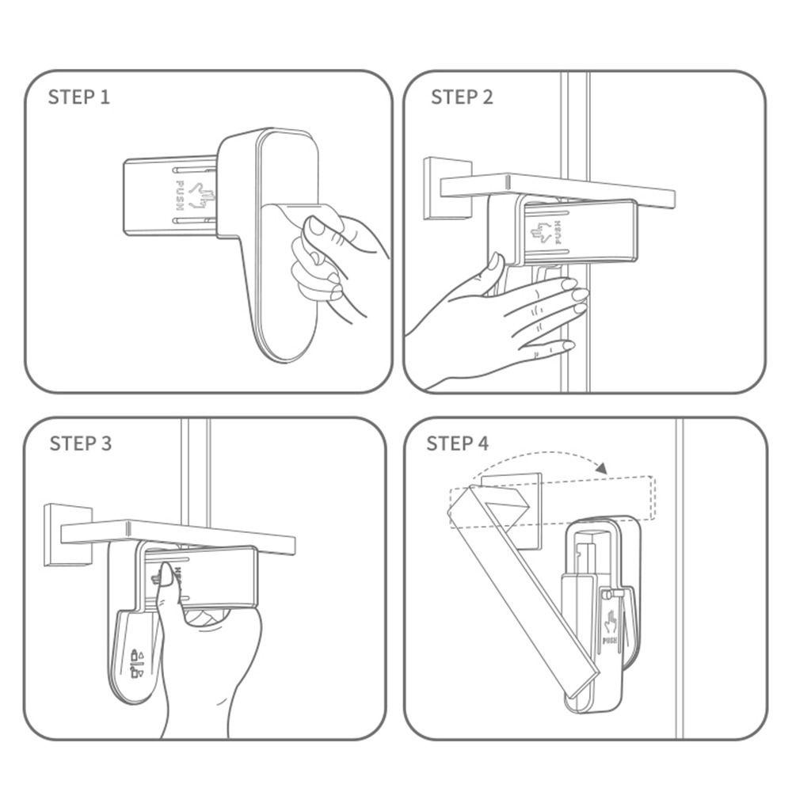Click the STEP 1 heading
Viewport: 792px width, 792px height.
coord(78,97)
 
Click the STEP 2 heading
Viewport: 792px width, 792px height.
coord(462,97)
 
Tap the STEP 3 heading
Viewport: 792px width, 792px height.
coord(80,444)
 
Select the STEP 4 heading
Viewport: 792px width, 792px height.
coord(458,444)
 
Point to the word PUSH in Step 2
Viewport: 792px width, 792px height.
coord(558,232)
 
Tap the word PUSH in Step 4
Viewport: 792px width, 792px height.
coord(610,641)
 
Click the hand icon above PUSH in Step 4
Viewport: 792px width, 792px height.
coord(610,623)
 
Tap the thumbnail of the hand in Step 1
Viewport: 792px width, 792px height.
coord(318,227)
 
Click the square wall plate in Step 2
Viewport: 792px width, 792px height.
coord(447,189)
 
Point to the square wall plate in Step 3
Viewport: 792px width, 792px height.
coord(68,535)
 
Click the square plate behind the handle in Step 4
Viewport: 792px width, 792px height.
coord(511,511)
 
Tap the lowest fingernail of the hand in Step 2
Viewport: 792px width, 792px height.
coord(568,345)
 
